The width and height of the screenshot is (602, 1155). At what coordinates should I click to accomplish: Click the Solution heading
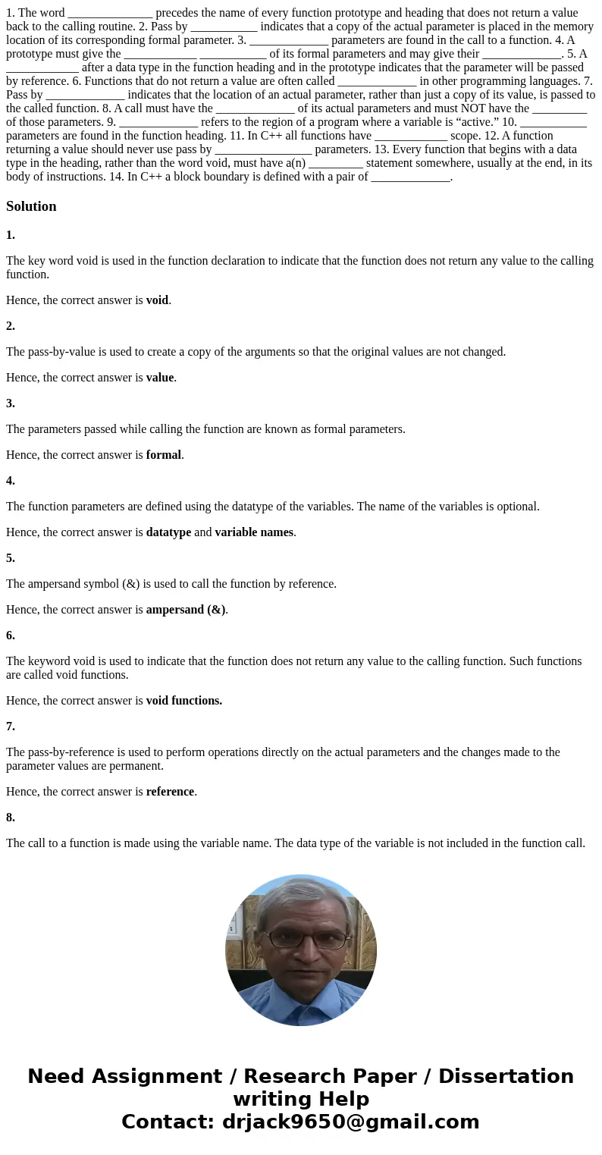click(x=31, y=206)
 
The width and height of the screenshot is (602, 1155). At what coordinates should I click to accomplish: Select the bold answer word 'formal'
click(x=163, y=455)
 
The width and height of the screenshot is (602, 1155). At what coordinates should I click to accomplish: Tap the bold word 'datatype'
click(x=168, y=532)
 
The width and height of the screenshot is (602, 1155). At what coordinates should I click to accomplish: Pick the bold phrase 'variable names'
click(x=253, y=532)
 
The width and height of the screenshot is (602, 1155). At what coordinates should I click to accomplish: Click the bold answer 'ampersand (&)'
click(x=185, y=610)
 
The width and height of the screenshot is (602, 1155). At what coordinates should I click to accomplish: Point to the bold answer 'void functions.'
click(x=183, y=701)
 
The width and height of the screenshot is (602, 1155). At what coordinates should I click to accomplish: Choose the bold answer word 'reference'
click(x=170, y=792)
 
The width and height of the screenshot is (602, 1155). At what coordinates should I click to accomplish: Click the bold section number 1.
click(x=11, y=235)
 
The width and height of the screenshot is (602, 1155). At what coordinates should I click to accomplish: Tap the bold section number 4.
click(x=11, y=481)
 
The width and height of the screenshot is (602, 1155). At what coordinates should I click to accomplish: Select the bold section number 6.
click(x=11, y=636)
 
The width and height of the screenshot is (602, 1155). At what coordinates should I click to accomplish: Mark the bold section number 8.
click(x=11, y=818)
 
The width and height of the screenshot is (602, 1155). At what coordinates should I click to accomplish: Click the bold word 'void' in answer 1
click(x=157, y=300)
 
